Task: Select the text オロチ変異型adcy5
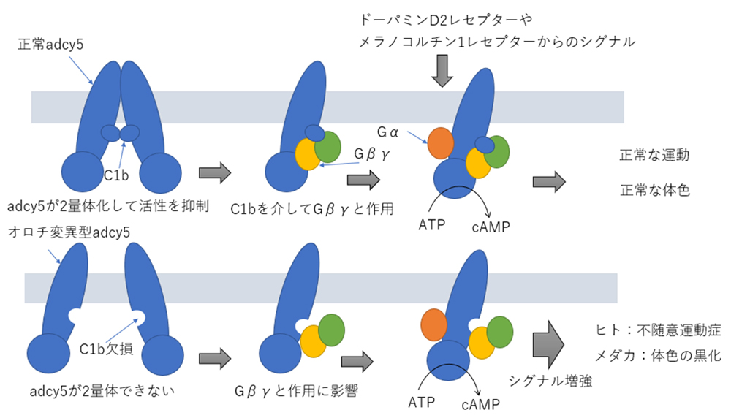tap(69, 233)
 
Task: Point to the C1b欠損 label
tap(106, 349)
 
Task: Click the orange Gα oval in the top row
tap(442, 143)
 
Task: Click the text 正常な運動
tap(654, 156)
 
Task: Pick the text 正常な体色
tap(654, 189)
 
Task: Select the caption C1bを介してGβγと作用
tap(312, 209)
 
